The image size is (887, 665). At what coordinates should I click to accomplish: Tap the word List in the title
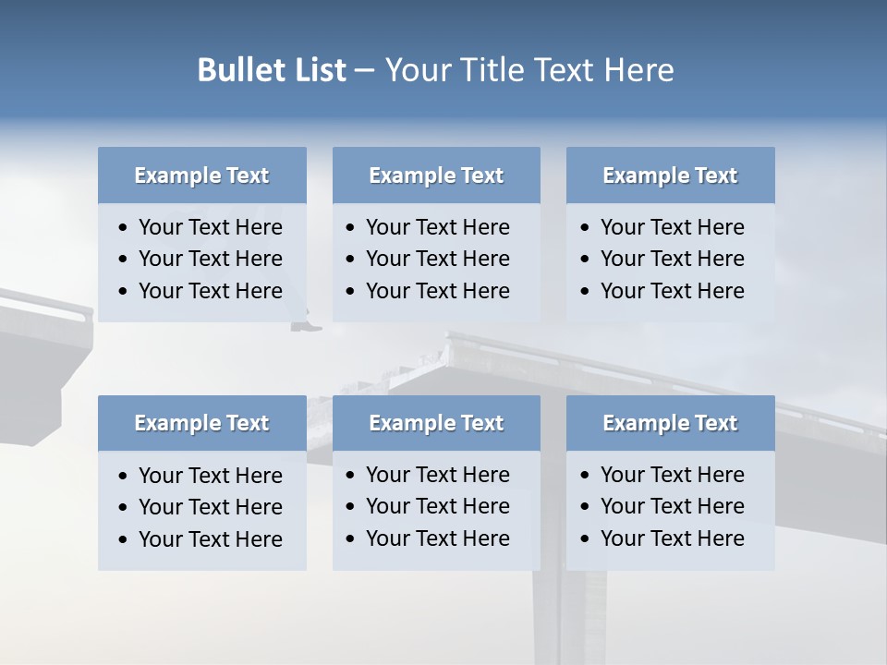point(315,70)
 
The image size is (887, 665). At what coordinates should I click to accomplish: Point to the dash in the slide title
point(364,70)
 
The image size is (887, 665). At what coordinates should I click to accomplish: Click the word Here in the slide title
point(638,70)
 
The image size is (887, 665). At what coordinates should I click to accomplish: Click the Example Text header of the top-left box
point(201,175)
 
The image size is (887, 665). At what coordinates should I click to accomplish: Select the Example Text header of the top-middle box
point(436,175)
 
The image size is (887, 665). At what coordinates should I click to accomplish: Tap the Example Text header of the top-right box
point(670,175)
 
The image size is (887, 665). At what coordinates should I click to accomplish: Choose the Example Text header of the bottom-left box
point(201,423)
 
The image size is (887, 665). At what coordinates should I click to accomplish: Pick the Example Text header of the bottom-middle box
point(436,423)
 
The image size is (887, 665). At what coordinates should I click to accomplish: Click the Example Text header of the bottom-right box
point(670,423)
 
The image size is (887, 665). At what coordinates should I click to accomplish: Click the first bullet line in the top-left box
point(210,227)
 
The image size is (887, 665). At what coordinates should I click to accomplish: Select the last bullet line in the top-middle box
point(437,291)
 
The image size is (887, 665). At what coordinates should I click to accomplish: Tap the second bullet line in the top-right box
point(672,259)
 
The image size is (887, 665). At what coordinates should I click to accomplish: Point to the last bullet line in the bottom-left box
point(210,539)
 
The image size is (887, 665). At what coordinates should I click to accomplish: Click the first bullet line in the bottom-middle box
point(437,475)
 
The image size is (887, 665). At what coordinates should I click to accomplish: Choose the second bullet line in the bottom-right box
point(672,506)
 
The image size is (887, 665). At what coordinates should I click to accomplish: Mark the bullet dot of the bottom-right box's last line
point(585,539)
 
